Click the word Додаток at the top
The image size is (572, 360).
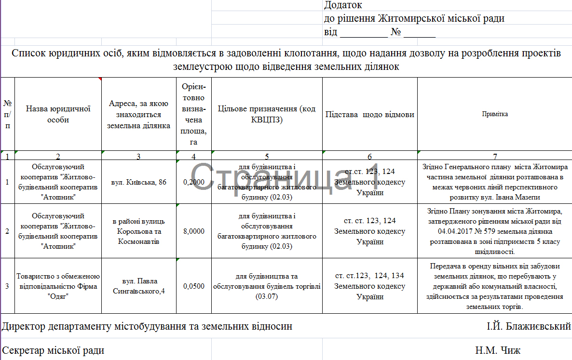click(343, 5)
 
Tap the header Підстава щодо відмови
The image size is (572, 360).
click(369, 115)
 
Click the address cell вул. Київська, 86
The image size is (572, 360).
click(139, 182)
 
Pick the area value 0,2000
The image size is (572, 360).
click(194, 182)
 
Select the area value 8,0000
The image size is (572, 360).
click(194, 231)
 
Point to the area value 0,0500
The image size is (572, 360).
click(194, 286)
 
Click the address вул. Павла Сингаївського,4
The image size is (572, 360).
click(139, 286)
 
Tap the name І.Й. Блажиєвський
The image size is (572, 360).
click(529, 326)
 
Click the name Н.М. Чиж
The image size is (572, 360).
click(498, 350)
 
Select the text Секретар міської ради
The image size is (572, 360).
click(53, 350)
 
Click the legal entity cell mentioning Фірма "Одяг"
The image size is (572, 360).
click(58, 286)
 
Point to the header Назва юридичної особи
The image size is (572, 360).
click(58, 114)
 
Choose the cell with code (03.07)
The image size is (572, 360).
click(267, 286)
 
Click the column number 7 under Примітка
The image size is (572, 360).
click(494, 156)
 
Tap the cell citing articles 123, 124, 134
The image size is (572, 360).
click(369, 286)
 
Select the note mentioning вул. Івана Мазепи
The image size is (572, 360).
click(494, 182)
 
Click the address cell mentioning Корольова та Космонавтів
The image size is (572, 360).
click(139, 231)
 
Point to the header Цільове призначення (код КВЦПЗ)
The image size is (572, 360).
click(267, 114)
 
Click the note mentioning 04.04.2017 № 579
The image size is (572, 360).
click(494, 231)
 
